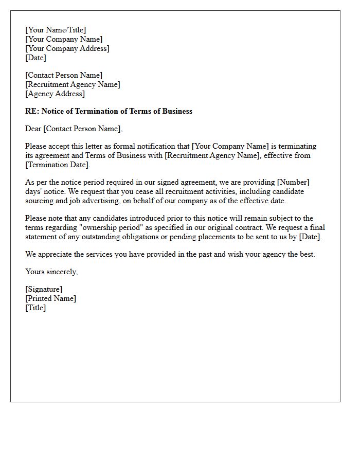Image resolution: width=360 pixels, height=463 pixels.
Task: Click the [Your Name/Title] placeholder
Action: coord(56,30)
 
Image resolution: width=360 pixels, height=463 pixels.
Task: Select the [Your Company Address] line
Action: coord(67,48)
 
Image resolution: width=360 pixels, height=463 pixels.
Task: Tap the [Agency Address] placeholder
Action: coord(55,94)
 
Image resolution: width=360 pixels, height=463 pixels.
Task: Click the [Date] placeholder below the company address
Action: coord(35,58)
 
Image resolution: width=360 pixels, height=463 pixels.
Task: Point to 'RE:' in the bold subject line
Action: coord(32,111)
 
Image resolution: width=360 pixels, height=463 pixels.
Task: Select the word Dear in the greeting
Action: coord(33,129)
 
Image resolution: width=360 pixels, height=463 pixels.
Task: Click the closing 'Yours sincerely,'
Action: coord(51,272)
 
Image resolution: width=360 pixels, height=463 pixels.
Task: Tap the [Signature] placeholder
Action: coord(44,289)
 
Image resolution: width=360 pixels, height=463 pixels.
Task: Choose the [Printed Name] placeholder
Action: coord(50,298)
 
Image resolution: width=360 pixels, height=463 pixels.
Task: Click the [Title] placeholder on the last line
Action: coord(35,308)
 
